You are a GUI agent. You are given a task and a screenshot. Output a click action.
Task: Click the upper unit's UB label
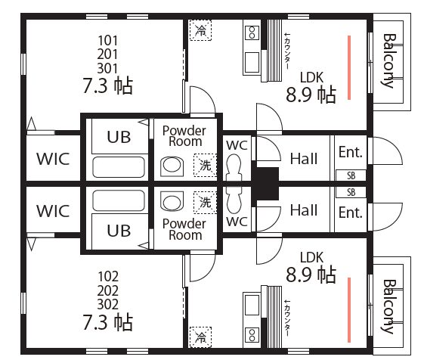click(119, 137)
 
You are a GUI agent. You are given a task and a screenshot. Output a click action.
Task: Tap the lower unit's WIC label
click(53, 211)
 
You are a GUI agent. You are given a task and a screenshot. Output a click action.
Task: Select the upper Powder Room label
click(184, 136)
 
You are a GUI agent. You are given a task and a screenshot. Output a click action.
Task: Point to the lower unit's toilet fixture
click(234, 200)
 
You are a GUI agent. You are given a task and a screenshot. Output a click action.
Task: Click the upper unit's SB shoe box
click(351, 175)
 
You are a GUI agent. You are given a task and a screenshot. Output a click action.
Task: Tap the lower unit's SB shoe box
click(351, 192)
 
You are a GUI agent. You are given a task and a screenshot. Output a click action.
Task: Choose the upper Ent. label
click(351, 152)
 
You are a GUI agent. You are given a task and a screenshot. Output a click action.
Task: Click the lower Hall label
click(304, 210)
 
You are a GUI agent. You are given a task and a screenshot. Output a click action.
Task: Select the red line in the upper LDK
click(349, 67)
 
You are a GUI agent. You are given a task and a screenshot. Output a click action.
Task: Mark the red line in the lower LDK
click(349, 310)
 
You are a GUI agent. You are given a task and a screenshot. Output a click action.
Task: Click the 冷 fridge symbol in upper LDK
click(200, 30)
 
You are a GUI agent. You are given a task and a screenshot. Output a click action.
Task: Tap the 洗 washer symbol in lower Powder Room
click(206, 202)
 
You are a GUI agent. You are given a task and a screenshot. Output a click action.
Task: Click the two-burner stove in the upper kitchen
click(252, 33)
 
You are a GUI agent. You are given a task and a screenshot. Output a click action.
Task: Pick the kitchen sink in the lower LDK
click(252, 305)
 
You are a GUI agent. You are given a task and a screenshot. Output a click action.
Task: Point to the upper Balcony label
click(389, 61)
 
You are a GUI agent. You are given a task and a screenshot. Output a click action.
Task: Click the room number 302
click(108, 304)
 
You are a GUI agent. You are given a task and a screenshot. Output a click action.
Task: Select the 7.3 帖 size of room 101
click(108, 85)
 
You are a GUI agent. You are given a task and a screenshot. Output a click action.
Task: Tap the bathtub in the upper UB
click(119, 167)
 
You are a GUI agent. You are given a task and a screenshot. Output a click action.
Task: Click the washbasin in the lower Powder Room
click(172, 201)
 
